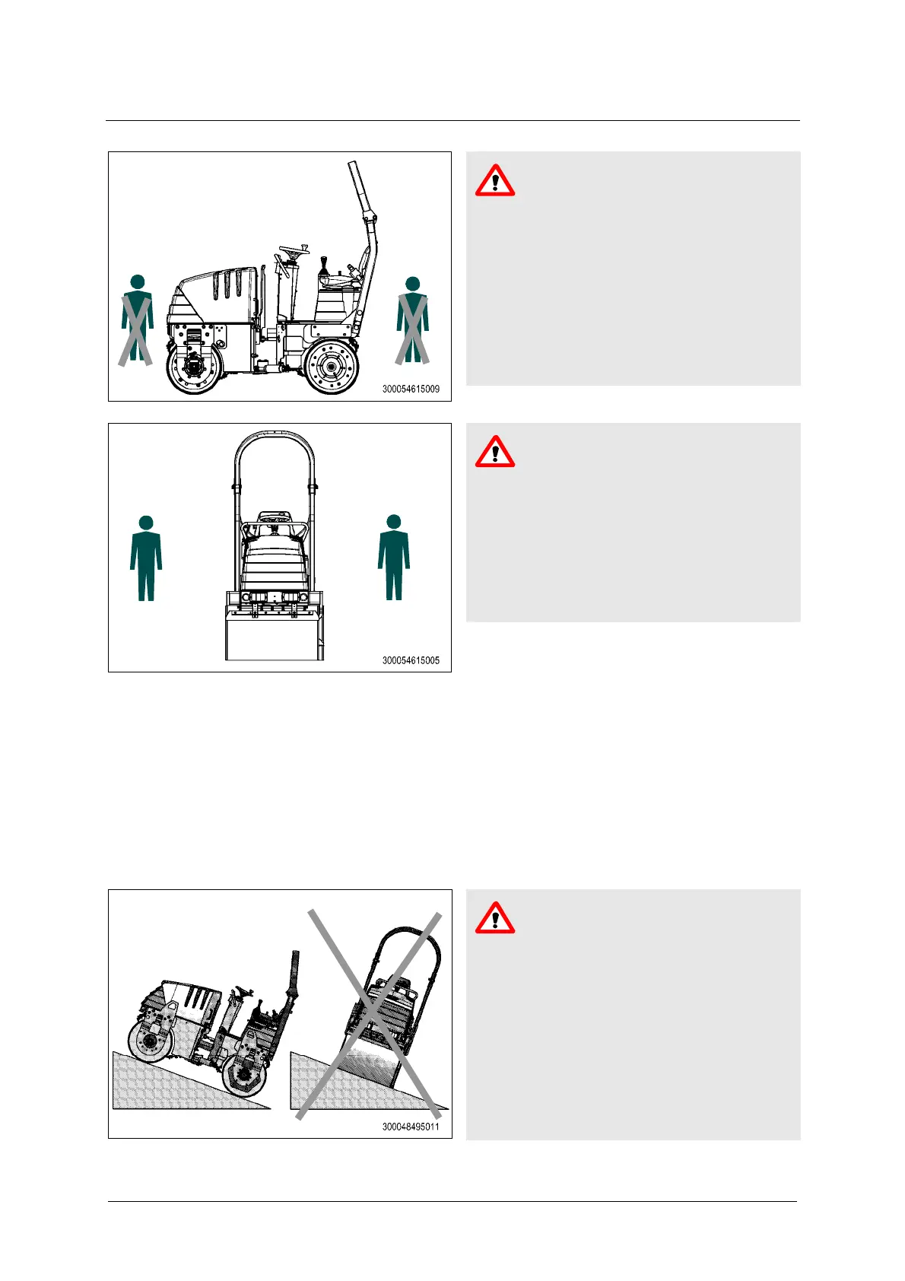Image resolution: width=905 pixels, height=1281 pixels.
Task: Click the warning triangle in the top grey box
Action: (x=495, y=181)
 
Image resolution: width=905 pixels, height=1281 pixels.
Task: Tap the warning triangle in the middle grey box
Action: (x=495, y=452)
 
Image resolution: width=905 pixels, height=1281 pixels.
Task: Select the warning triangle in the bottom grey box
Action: (x=495, y=918)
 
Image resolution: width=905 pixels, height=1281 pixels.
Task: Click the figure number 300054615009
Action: (x=411, y=389)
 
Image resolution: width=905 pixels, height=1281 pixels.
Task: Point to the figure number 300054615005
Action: (x=411, y=660)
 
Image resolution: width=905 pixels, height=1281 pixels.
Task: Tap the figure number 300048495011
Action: (x=411, y=1127)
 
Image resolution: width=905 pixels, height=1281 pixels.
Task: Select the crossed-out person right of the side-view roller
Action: (x=412, y=320)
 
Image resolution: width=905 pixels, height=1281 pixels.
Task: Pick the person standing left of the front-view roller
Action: (x=146, y=558)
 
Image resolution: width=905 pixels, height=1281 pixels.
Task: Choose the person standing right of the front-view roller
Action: (x=393, y=557)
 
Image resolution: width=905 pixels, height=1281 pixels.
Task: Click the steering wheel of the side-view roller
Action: (x=294, y=250)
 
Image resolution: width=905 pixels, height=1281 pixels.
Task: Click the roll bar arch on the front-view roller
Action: (x=275, y=433)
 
